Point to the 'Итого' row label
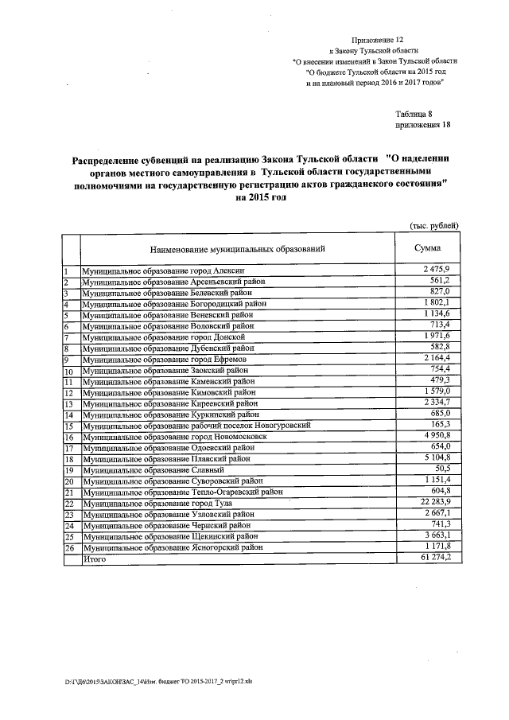click(x=95, y=559)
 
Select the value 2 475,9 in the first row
click(x=437, y=271)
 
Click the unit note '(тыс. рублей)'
click(x=433, y=225)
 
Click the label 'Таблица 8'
click(x=414, y=114)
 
